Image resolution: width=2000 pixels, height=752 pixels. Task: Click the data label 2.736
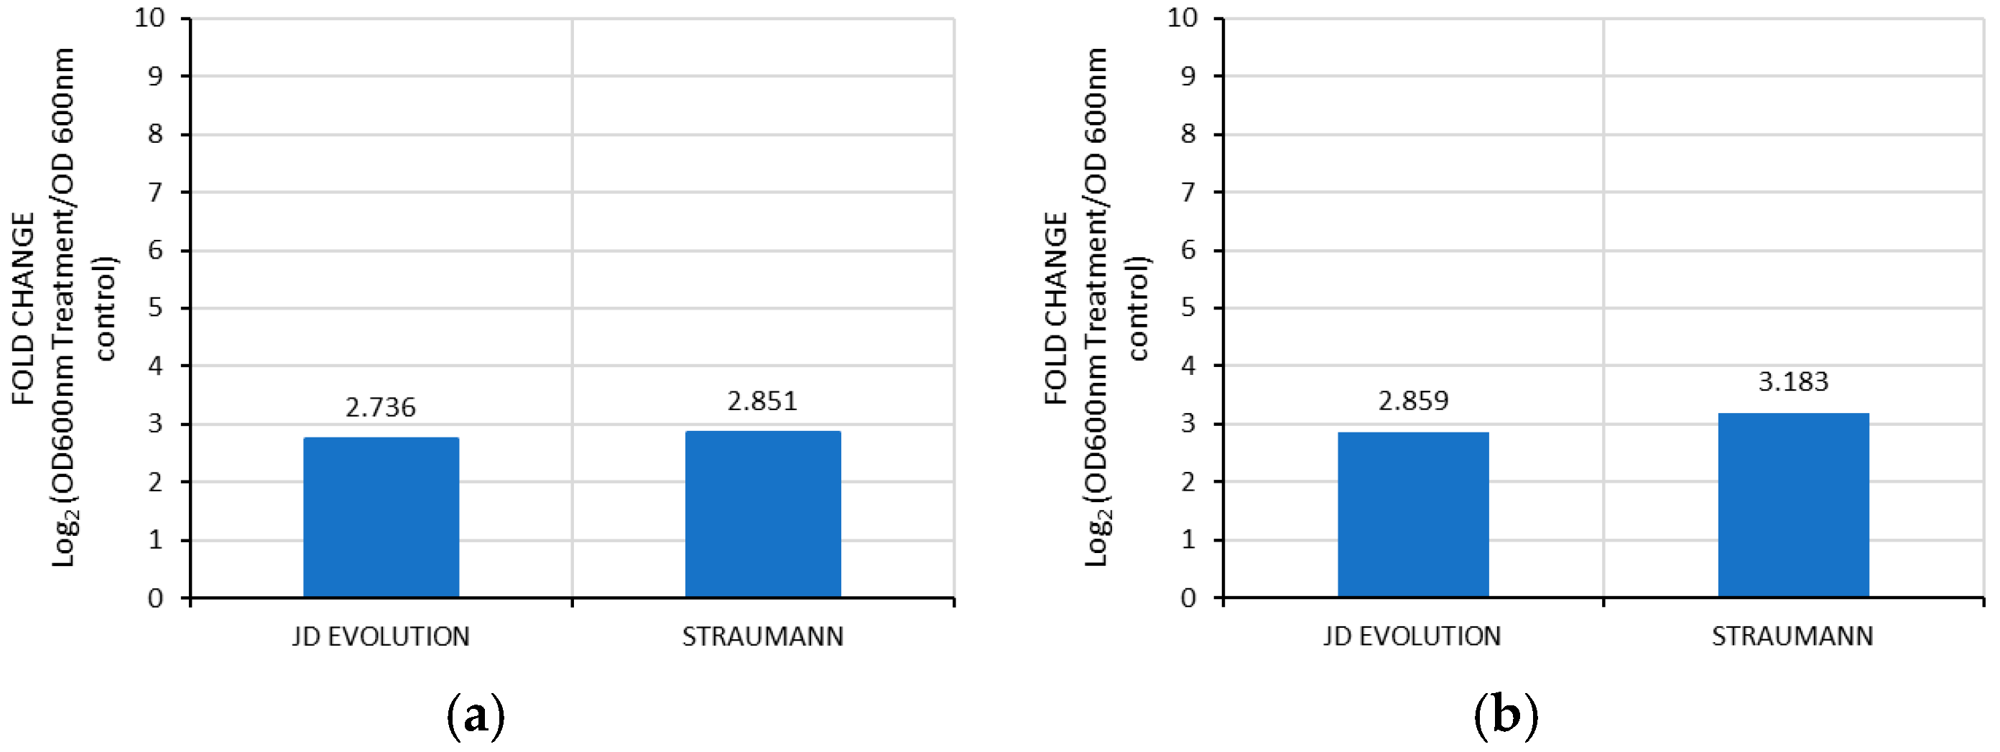click(381, 407)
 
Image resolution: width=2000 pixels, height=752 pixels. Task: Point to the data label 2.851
click(762, 401)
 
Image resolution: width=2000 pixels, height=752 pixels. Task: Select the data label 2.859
click(1413, 401)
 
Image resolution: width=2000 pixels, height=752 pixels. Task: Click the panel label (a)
click(476, 715)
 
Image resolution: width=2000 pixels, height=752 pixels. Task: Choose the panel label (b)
click(1506, 715)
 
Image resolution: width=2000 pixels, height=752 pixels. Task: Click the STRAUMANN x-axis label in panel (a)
click(762, 637)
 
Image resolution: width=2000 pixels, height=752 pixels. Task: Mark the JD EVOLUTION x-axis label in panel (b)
click(1412, 637)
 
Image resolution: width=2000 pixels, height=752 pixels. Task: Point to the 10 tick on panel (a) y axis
click(150, 18)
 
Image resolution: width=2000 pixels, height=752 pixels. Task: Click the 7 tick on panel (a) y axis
click(156, 192)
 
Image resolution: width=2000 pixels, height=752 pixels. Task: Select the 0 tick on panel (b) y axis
click(1189, 598)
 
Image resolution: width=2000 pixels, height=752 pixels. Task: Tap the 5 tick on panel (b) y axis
click(1189, 308)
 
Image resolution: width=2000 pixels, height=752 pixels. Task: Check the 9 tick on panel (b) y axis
click(1189, 76)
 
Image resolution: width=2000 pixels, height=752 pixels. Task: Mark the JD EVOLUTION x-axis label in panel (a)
click(381, 637)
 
